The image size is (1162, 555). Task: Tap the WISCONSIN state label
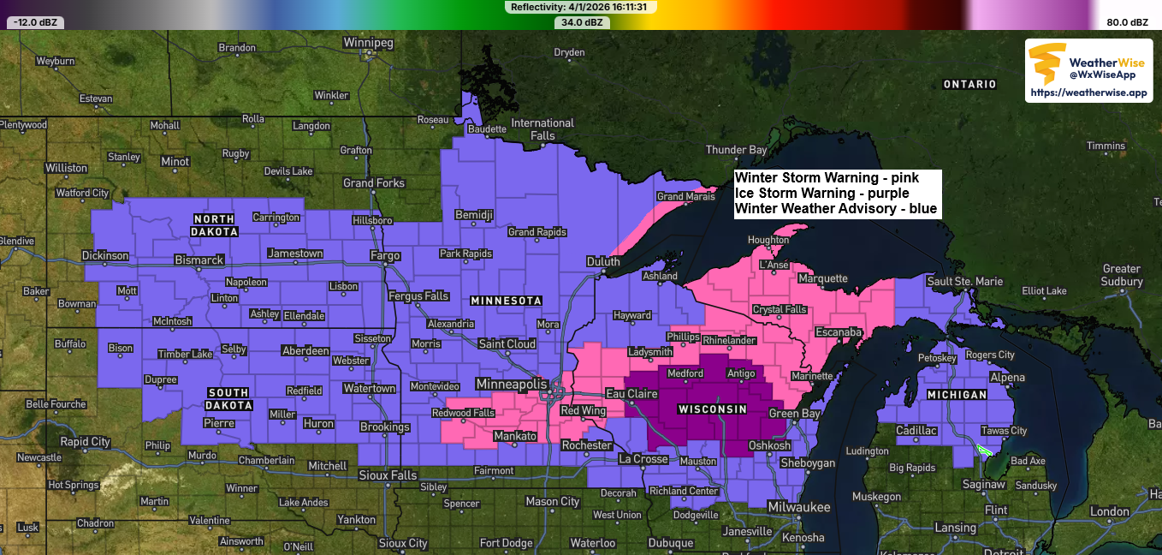713,409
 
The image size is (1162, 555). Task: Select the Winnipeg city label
368,42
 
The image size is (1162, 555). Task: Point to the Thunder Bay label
736,150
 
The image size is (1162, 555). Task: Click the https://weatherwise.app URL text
1088,92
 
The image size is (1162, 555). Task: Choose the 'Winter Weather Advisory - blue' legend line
835,208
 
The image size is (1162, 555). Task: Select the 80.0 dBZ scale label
1127,22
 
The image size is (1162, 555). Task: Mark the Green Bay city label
794,415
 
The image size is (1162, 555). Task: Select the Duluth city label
603,261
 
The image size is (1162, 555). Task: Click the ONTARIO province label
969,84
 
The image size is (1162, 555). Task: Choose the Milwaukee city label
798,507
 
